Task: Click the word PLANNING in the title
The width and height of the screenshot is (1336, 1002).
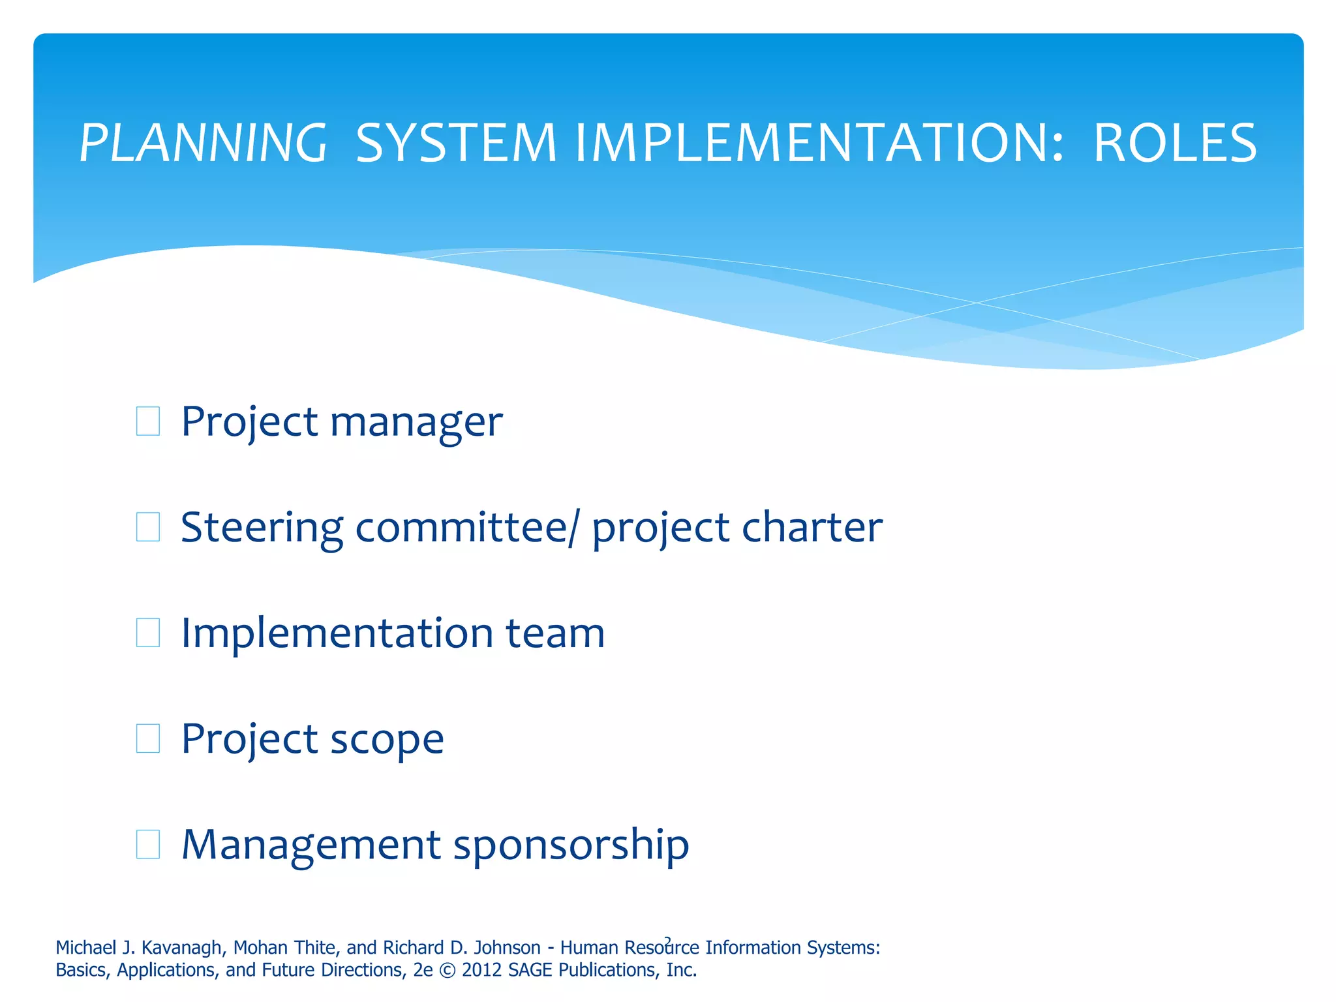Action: pyautogui.click(x=203, y=144)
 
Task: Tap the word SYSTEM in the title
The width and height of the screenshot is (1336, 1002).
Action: pyautogui.click(x=456, y=144)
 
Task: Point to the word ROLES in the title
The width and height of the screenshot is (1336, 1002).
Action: pyautogui.click(x=1175, y=144)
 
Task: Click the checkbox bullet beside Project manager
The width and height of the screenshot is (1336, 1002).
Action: pyautogui.click(x=148, y=421)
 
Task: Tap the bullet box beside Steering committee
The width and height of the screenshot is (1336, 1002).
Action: pyautogui.click(x=148, y=527)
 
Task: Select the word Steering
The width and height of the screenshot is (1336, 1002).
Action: pyautogui.click(x=262, y=528)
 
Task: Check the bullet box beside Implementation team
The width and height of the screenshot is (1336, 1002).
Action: pyautogui.click(x=148, y=633)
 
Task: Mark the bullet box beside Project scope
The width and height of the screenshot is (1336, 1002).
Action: pyautogui.click(x=148, y=738)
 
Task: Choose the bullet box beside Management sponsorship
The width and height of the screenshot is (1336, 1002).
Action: pyautogui.click(x=148, y=844)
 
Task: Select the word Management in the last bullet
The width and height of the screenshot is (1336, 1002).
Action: pyautogui.click(x=311, y=845)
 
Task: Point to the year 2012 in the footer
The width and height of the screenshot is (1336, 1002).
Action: pyautogui.click(x=482, y=971)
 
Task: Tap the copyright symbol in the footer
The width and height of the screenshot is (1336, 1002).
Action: pyautogui.click(x=448, y=971)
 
